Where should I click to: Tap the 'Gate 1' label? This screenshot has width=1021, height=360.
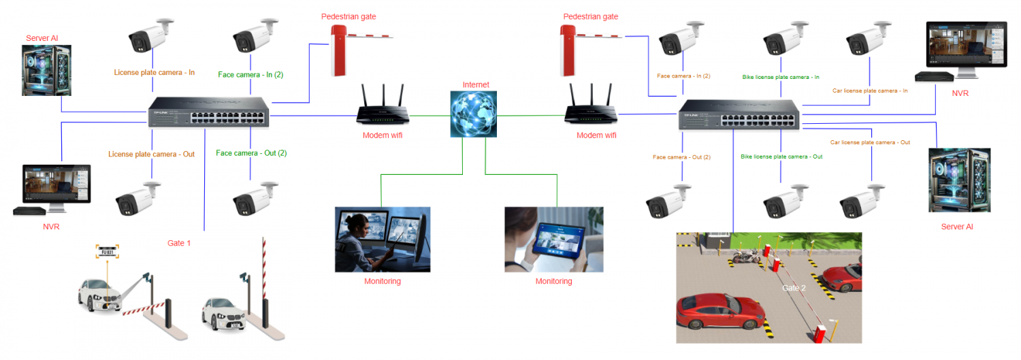pos(179,242)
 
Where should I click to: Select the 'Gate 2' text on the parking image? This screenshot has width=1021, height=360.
pos(794,288)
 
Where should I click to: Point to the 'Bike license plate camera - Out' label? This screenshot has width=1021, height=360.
pos(781,157)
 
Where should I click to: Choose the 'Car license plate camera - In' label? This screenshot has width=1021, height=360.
pos(870,91)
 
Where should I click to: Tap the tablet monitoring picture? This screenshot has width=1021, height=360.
pos(553,240)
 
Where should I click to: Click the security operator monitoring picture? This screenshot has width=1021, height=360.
pos(382,240)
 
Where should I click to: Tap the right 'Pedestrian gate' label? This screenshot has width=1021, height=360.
pos(590,16)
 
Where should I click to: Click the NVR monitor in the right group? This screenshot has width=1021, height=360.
pos(967,49)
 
